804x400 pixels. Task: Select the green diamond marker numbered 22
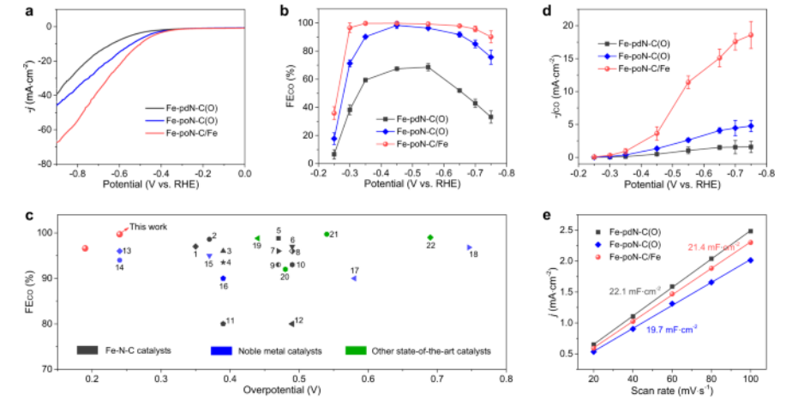pos(430,237)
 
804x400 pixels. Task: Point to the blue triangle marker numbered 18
pos(469,247)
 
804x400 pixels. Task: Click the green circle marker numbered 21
pos(327,234)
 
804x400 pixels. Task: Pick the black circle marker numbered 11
pos(223,324)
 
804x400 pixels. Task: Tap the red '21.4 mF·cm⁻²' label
pos(713,248)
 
